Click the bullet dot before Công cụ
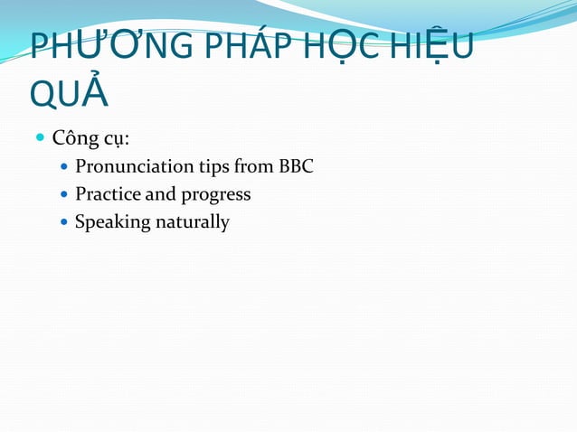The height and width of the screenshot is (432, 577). tap(40, 140)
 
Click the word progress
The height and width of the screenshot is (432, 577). tap(215, 195)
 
